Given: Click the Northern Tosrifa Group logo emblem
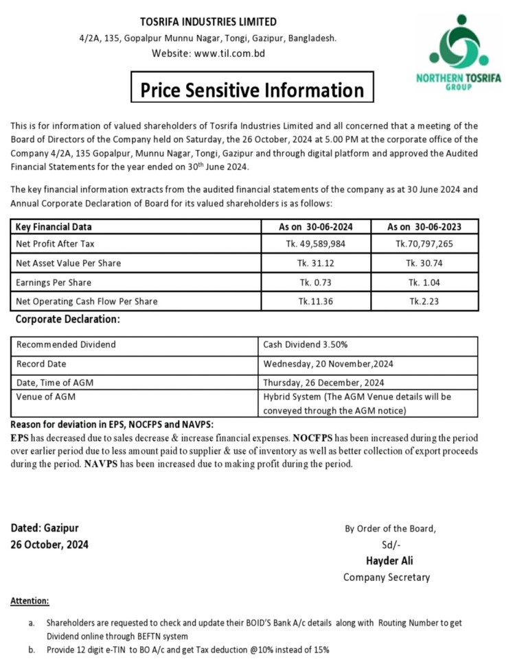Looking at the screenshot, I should click(x=458, y=45).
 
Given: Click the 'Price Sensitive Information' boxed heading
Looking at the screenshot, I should click(x=253, y=90).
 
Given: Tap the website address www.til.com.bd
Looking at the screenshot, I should click(x=229, y=53).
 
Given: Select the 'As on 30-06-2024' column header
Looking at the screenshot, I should click(x=317, y=227).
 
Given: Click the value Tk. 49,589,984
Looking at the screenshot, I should click(x=317, y=243).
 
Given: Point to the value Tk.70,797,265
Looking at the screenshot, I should click(x=424, y=243).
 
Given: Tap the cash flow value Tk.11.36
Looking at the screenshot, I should click(x=317, y=301).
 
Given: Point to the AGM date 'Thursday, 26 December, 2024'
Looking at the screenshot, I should click(x=323, y=383).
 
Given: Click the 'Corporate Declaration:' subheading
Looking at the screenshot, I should click(x=68, y=320).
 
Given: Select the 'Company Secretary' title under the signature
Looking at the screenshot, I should click(x=387, y=577).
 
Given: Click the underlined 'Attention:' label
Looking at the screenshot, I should click(x=30, y=601).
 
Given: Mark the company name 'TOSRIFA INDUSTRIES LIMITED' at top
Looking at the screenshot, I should click(x=208, y=22).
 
